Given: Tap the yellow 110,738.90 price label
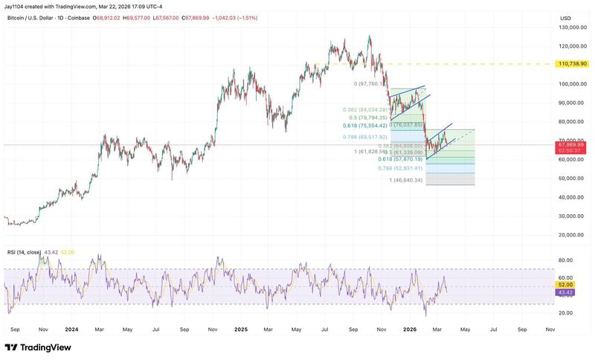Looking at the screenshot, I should click(572, 65).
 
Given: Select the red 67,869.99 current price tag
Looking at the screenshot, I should click(572, 146).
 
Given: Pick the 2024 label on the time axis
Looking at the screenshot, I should click(71, 328).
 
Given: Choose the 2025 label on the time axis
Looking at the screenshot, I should click(240, 328).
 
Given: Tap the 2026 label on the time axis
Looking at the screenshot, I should click(410, 328).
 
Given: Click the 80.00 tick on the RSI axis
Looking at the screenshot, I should click(566, 260).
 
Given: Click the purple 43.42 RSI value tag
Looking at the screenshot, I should click(566, 292).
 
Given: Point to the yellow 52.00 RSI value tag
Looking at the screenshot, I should click(566, 285).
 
